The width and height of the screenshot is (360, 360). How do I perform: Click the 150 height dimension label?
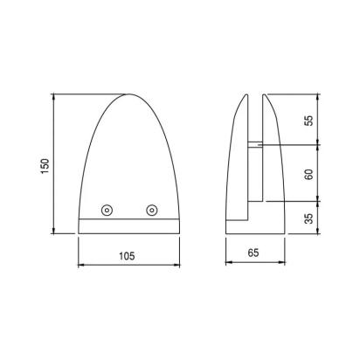(45, 167)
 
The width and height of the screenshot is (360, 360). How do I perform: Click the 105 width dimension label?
(127, 256)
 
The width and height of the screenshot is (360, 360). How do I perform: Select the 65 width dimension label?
(253, 253)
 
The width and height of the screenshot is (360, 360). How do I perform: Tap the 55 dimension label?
(309, 121)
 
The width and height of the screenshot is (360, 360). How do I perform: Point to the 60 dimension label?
(309, 174)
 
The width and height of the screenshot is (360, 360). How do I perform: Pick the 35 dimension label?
(309, 218)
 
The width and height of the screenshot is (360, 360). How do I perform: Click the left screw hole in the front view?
(107, 210)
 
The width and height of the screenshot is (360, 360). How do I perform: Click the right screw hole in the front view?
(152, 210)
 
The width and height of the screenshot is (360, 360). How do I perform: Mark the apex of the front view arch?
(129, 94)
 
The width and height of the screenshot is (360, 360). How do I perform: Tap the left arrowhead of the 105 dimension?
(81, 265)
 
